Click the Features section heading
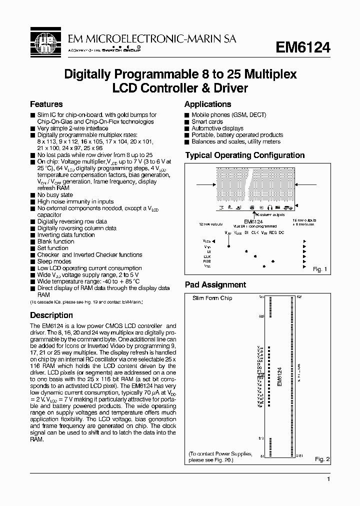[46, 104]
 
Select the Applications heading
[207, 104]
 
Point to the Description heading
[51, 315]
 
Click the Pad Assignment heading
[215, 285]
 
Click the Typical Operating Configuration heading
[245, 155]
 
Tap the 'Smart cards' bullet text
[207, 121]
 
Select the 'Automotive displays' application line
[217, 128]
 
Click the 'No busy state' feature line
[55, 195]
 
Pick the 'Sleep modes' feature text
[54, 261]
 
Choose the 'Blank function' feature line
[55, 241]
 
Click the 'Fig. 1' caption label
[319, 269]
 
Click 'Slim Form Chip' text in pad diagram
[212, 298]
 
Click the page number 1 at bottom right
[328, 479]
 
